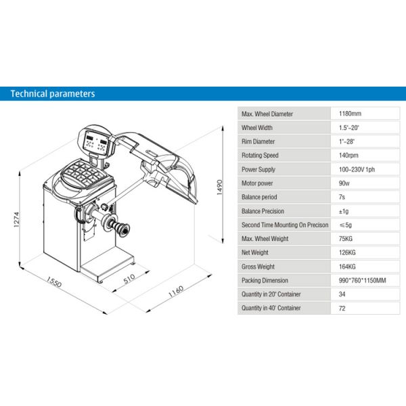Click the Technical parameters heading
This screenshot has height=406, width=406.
(53, 93)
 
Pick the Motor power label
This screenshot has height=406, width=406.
(258, 183)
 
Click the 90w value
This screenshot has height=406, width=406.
(345, 183)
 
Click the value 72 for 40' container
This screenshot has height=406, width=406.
(344, 308)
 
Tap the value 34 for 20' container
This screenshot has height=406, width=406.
(344, 294)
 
